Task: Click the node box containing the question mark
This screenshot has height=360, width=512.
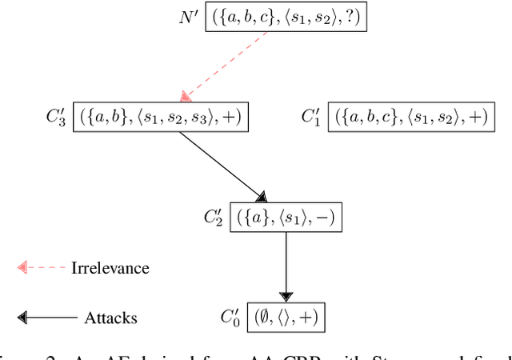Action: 286,17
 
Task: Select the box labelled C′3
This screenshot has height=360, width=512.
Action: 161,117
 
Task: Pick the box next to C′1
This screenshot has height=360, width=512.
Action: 410,117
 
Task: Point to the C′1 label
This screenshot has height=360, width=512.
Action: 311,117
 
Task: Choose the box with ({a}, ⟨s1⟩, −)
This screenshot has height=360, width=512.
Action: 286,217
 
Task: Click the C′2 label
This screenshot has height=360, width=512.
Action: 215,217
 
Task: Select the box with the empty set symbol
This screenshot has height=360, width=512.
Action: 286,316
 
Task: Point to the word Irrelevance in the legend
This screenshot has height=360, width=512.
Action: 110,267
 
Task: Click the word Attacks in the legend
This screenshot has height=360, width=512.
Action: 110,318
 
